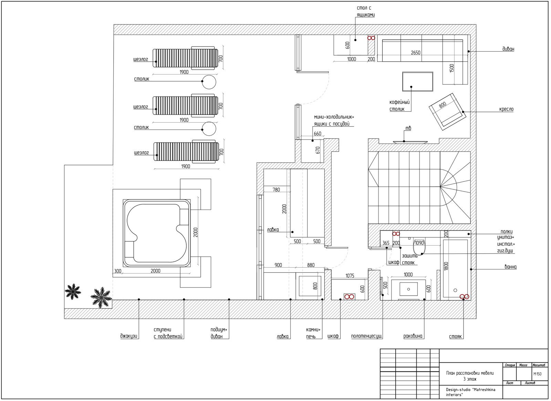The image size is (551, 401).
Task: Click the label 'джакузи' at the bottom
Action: point(129,336)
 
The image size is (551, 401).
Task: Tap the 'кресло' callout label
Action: point(506,109)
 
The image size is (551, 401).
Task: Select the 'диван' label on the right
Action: point(508,49)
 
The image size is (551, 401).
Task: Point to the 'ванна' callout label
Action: point(511,267)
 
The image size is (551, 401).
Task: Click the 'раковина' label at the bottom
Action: point(413,336)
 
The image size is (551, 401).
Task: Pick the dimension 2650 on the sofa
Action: point(416,53)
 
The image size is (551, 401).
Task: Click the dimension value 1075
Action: point(350,276)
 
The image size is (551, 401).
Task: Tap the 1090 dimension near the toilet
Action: point(419,243)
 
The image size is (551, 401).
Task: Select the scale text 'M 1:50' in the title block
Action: point(538,374)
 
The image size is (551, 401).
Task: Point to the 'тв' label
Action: point(408,128)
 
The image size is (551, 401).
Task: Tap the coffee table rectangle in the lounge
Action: point(418,81)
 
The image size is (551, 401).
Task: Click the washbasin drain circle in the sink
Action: point(408,289)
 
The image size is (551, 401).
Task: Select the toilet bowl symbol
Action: point(419,247)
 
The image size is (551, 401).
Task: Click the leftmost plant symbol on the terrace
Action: point(73,291)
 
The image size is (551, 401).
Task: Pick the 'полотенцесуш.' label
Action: point(367,336)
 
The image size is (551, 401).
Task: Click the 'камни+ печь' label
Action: point(313,333)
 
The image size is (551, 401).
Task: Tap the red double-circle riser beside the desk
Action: point(371,38)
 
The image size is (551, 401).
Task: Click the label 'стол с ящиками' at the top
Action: point(366,11)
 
